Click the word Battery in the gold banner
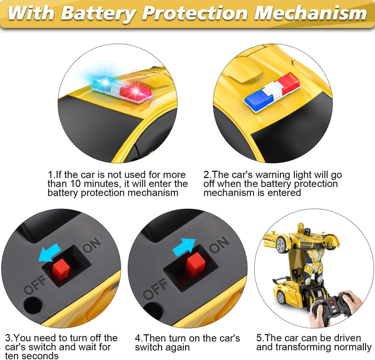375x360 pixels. coord(99,13)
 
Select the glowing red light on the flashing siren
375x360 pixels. coord(135,92)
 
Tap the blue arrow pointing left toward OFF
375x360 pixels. coord(50,252)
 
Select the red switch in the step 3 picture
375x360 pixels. coord(61,269)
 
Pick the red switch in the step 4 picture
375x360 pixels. coord(196,263)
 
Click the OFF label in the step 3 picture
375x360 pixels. coord(35,284)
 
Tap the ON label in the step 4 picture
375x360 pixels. coord(219,244)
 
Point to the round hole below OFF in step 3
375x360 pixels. coord(33,306)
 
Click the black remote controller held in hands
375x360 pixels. coord(331,308)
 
